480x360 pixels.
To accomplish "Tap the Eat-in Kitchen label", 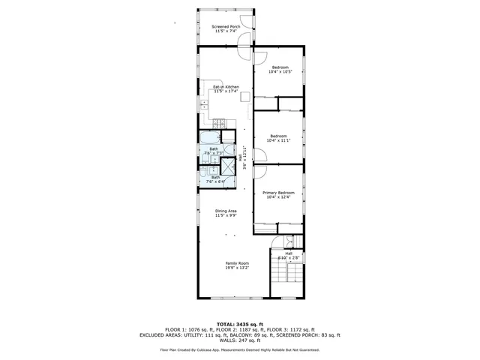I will pos(225,88).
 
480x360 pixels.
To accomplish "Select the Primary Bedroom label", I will pos(277,193).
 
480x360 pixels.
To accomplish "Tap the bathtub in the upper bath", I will pos(209,137).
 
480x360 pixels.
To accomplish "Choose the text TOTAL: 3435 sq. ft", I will pos(239,324).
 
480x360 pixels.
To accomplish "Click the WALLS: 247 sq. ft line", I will pos(239,340).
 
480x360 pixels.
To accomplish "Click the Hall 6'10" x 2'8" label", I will pos(289,256).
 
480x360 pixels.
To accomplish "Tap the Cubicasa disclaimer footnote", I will pos(239,349).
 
